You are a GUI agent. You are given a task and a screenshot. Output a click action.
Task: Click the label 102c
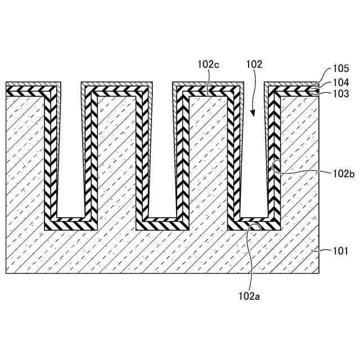tap(208, 65)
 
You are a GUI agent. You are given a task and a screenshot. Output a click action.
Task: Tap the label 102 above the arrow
tap(254, 65)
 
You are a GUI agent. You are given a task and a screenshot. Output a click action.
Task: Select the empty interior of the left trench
tap(71, 152)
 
